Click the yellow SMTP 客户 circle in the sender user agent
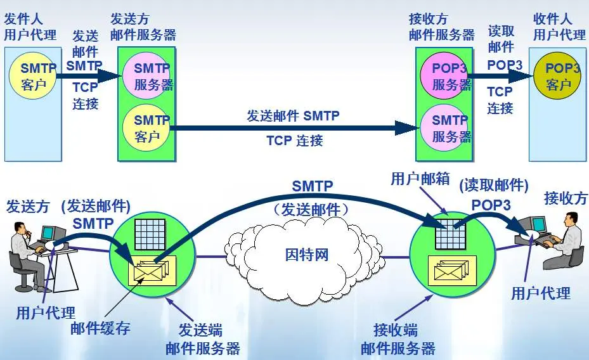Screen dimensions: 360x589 (x=33, y=75)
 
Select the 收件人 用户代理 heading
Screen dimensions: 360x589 (x=558, y=27)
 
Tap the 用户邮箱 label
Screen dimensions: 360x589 (x=419, y=179)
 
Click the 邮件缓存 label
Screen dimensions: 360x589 (x=100, y=328)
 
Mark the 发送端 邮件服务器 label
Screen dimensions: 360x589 (x=203, y=339)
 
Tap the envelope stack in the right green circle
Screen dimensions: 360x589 (x=451, y=272)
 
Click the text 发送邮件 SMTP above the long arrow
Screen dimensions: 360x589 (x=293, y=116)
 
